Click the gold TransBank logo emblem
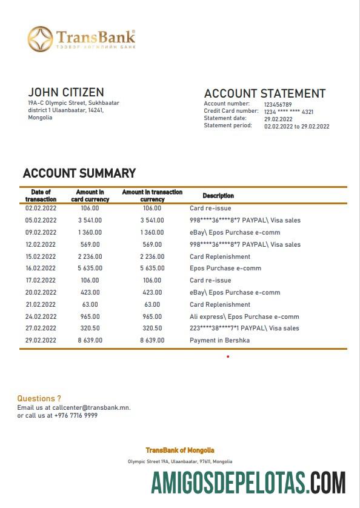[40, 39]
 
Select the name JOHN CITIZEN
[65, 92]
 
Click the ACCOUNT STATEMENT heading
[264, 93]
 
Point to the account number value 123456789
[278, 104]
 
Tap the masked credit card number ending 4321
[288, 112]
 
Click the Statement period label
[228, 125]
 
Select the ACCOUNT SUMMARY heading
[79, 173]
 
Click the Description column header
[218, 196]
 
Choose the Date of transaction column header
[41, 196]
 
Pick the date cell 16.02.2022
[41, 268]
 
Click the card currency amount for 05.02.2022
[90, 220]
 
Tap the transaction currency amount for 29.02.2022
[152, 340]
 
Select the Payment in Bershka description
[219, 340]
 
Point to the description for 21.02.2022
[219, 304]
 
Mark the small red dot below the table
[228, 356]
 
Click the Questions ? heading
[39, 398]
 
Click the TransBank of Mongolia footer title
[179, 450]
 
